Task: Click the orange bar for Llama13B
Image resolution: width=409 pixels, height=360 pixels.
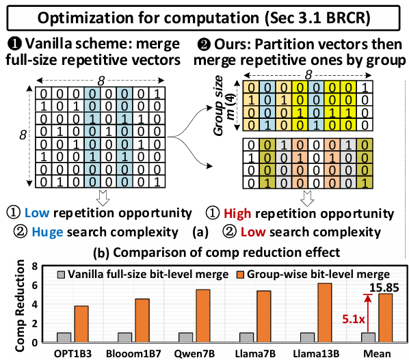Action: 324,313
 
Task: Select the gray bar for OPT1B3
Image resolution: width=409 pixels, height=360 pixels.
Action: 64,337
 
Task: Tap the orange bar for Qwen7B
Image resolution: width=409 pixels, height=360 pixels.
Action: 202,316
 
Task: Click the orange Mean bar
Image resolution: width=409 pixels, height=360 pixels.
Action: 385,318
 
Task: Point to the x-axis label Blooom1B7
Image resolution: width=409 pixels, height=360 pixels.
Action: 133,354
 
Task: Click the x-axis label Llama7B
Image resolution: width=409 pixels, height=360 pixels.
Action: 255,354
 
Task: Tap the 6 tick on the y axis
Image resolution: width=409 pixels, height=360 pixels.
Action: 34,286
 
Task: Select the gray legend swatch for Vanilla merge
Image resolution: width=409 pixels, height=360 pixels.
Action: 61,275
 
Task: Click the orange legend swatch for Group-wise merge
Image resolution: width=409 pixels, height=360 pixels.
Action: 240,275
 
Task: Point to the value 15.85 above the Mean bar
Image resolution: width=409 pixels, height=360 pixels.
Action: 384,288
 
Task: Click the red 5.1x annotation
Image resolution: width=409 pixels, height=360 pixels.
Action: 354,319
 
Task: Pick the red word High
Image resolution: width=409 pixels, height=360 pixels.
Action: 237,214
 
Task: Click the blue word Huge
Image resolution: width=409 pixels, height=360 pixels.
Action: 47,232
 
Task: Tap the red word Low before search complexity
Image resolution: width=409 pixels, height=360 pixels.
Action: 253,232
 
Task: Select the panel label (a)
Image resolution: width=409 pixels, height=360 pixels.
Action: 200,232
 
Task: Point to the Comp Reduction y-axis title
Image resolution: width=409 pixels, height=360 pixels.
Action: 20,305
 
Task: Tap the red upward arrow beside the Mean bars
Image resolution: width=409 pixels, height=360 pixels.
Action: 368,314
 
